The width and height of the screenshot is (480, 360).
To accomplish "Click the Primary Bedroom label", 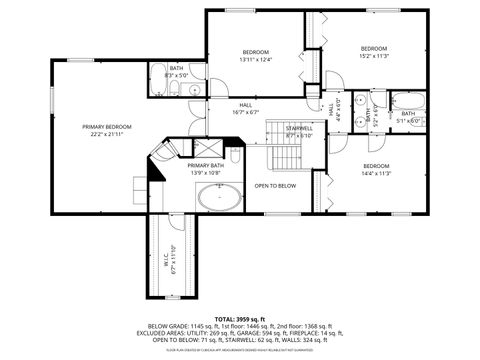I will [x=107, y=127].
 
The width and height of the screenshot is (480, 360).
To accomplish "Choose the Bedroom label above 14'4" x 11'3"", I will [x=376, y=165].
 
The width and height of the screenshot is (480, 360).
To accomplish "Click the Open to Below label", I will [x=275, y=186].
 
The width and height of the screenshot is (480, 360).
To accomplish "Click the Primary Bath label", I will [x=205, y=165].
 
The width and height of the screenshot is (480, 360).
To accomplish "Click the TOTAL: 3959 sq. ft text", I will [x=240, y=316].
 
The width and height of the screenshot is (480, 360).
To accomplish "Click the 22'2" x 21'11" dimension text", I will [x=107, y=135].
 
